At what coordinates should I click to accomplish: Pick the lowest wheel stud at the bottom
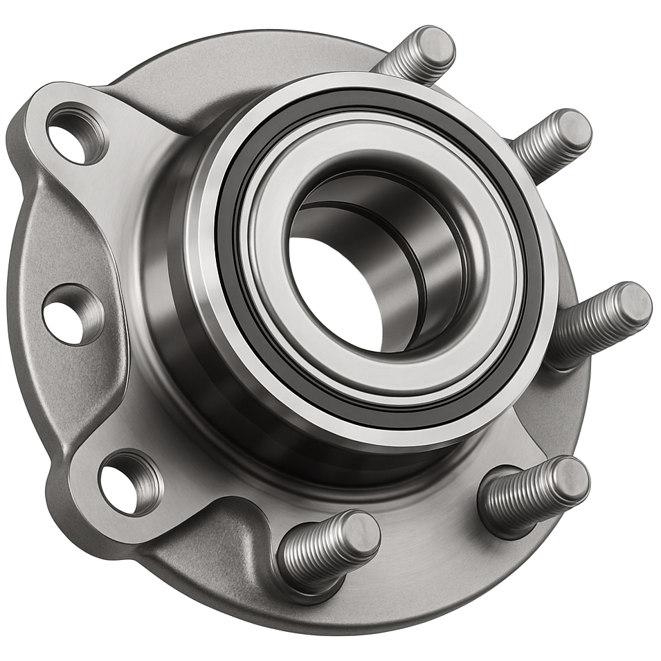click(329, 550)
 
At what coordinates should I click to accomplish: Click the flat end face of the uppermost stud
click(437, 46)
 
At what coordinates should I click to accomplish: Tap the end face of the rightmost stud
click(633, 304)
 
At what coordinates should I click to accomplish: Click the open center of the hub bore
click(332, 291)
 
